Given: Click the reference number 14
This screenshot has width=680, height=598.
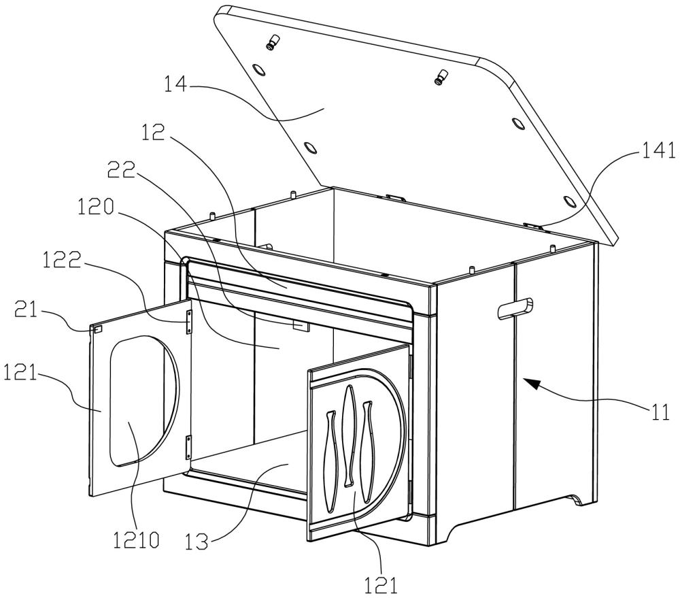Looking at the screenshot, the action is pos(175,84).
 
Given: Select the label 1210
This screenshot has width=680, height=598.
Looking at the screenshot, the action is pos(136,540).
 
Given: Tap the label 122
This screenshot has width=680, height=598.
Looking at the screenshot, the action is pos(62,261).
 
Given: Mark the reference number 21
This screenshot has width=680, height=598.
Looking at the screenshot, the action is pos(27,310).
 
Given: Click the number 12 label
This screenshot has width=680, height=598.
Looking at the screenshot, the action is pos(153,133).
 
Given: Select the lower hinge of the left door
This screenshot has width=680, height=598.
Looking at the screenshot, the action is pos(188,448).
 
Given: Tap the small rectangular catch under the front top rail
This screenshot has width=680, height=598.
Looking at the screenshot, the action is pos(301,325).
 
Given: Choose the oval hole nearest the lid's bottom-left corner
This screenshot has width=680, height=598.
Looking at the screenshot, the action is pos(310,148).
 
